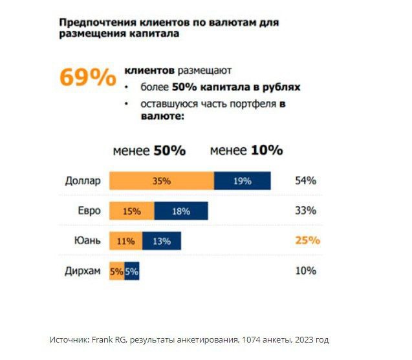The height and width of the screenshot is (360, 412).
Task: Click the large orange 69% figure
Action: (x=87, y=77)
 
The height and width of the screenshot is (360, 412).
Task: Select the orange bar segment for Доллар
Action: (x=161, y=181)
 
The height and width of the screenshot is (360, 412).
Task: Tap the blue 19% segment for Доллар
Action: (x=242, y=181)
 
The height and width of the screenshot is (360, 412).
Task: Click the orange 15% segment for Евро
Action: (x=131, y=211)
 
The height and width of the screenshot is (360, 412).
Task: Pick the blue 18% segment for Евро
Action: (x=181, y=211)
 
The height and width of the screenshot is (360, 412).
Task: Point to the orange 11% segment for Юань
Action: (x=125, y=241)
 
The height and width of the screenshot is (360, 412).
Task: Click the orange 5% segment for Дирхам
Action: (x=116, y=271)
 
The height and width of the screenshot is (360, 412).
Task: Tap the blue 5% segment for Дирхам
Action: (x=132, y=271)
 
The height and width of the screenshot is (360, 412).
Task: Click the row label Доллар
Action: (x=83, y=180)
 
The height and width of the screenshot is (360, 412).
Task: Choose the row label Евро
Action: (x=89, y=210)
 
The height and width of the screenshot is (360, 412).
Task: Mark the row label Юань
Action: (x=89, y=240)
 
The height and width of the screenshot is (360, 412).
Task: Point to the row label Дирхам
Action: (x=83, y=271)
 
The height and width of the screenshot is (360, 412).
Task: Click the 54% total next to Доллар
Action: (x=305, y=181)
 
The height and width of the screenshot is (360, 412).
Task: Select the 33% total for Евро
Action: (x=305, y=211)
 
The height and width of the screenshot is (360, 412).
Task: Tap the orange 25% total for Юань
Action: (x=307, y=240)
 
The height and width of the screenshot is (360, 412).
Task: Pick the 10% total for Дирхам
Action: (x=305, y=271)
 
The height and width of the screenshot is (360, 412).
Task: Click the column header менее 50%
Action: (x=149, y=151)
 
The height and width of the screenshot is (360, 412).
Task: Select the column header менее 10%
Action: (x=246, y=151)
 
